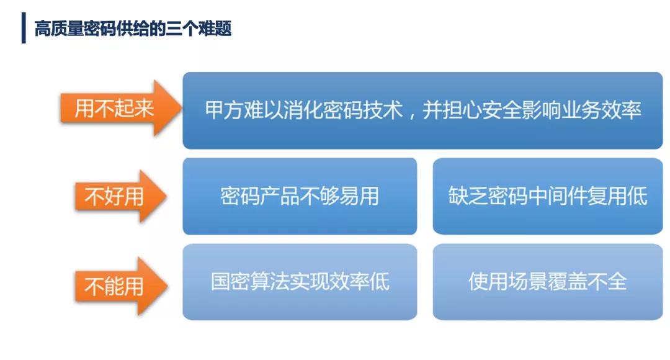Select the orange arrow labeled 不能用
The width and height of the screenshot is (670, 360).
coord(121,286)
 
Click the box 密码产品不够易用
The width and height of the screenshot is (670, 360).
coord(300,196)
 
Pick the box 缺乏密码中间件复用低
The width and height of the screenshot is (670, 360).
coord(548,196)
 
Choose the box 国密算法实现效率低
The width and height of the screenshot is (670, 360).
coord(300,282)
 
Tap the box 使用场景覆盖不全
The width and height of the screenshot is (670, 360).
coord(548,282)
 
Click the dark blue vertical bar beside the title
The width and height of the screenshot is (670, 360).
coord(24,28)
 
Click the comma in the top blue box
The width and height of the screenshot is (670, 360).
coord(412,115)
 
